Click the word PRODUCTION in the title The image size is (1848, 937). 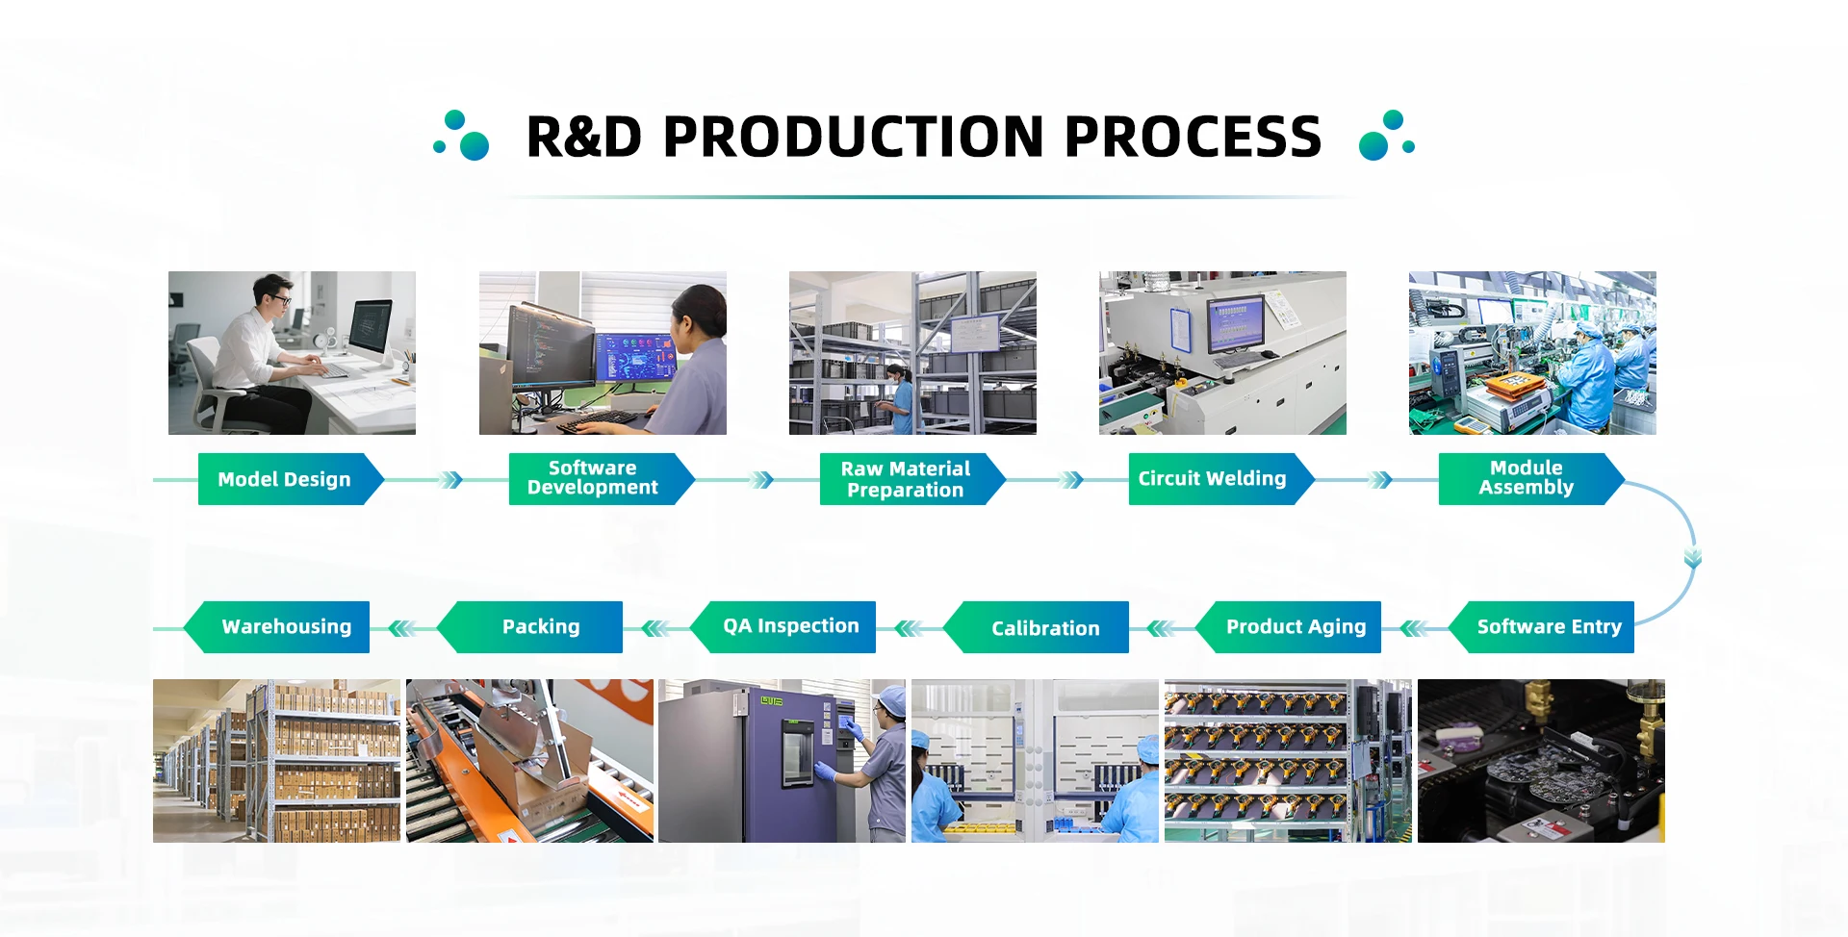854,137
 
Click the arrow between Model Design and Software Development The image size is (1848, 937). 449,480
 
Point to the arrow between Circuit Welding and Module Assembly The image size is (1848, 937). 1380,480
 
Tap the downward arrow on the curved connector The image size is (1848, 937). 1693,557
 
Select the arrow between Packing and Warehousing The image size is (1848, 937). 402,629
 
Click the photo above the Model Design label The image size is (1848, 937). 292,353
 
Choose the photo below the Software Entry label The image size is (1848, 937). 1541,761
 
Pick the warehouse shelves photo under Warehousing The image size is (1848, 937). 276,761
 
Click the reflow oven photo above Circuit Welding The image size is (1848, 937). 1222,353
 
